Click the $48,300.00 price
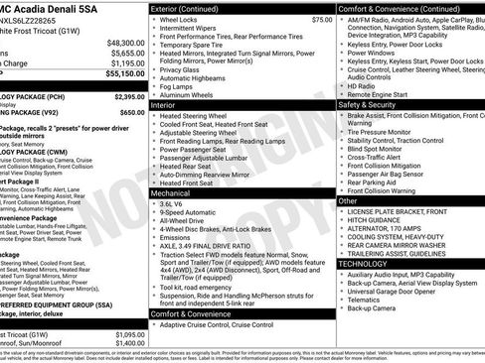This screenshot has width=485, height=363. [x=125, y=44]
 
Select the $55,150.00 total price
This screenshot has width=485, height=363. [x=125, y=72]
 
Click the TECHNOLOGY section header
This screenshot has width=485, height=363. [x=364, y=264]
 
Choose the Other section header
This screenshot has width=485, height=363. [x=348, y=200]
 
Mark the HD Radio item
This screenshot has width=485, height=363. [x=362, y=85]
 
